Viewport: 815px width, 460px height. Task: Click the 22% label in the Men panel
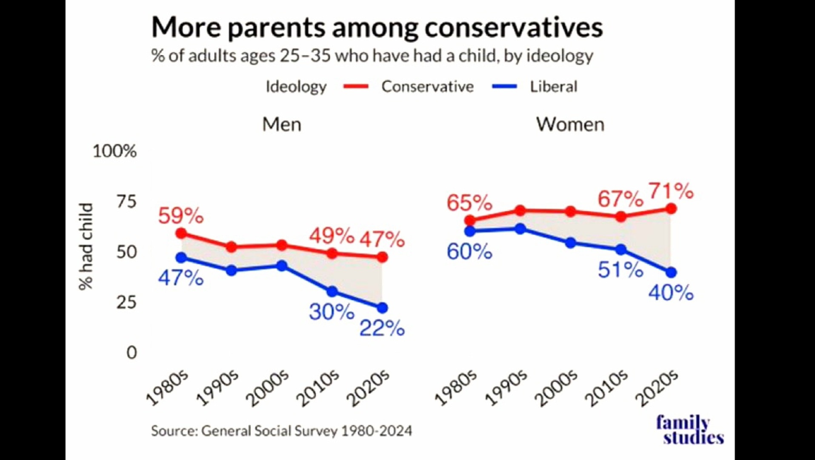(382, 328)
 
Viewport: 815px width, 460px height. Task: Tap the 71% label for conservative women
(671, 191)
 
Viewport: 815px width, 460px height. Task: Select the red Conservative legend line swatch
(356, 86)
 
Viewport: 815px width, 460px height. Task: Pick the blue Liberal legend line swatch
(504, 86)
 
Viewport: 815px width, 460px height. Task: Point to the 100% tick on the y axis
(114, 151)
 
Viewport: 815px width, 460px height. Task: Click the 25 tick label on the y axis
(126, 302)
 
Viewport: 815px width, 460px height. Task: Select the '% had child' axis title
(86, 247)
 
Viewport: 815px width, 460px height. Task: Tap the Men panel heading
(281, 124)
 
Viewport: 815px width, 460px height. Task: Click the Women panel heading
(570, 124)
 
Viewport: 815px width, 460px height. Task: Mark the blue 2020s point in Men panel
(382, 308)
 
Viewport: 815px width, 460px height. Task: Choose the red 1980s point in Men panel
(181, 233)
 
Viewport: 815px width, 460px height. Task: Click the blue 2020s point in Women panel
(671, 272)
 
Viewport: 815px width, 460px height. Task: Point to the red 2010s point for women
(621, 216)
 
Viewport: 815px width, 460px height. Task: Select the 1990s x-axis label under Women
(506, 388)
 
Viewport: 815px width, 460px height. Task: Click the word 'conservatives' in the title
(513, 27)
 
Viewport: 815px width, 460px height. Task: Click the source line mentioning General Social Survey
(281, 431)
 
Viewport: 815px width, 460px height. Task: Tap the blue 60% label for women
(469, 252)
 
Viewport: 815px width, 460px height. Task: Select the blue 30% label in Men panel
(331, 312)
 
